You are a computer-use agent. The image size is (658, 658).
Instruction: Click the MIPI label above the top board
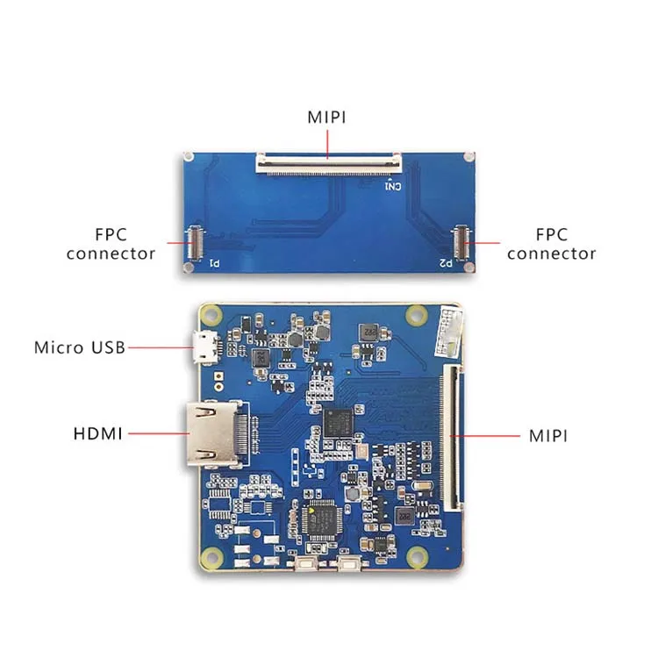point(326,118)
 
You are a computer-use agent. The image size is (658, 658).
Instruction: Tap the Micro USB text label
point(80,347)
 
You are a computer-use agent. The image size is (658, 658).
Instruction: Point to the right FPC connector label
point(551,245)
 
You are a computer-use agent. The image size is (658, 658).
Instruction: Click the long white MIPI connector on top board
point(328,161)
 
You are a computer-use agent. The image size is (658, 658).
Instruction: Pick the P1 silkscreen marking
point(212,261)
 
